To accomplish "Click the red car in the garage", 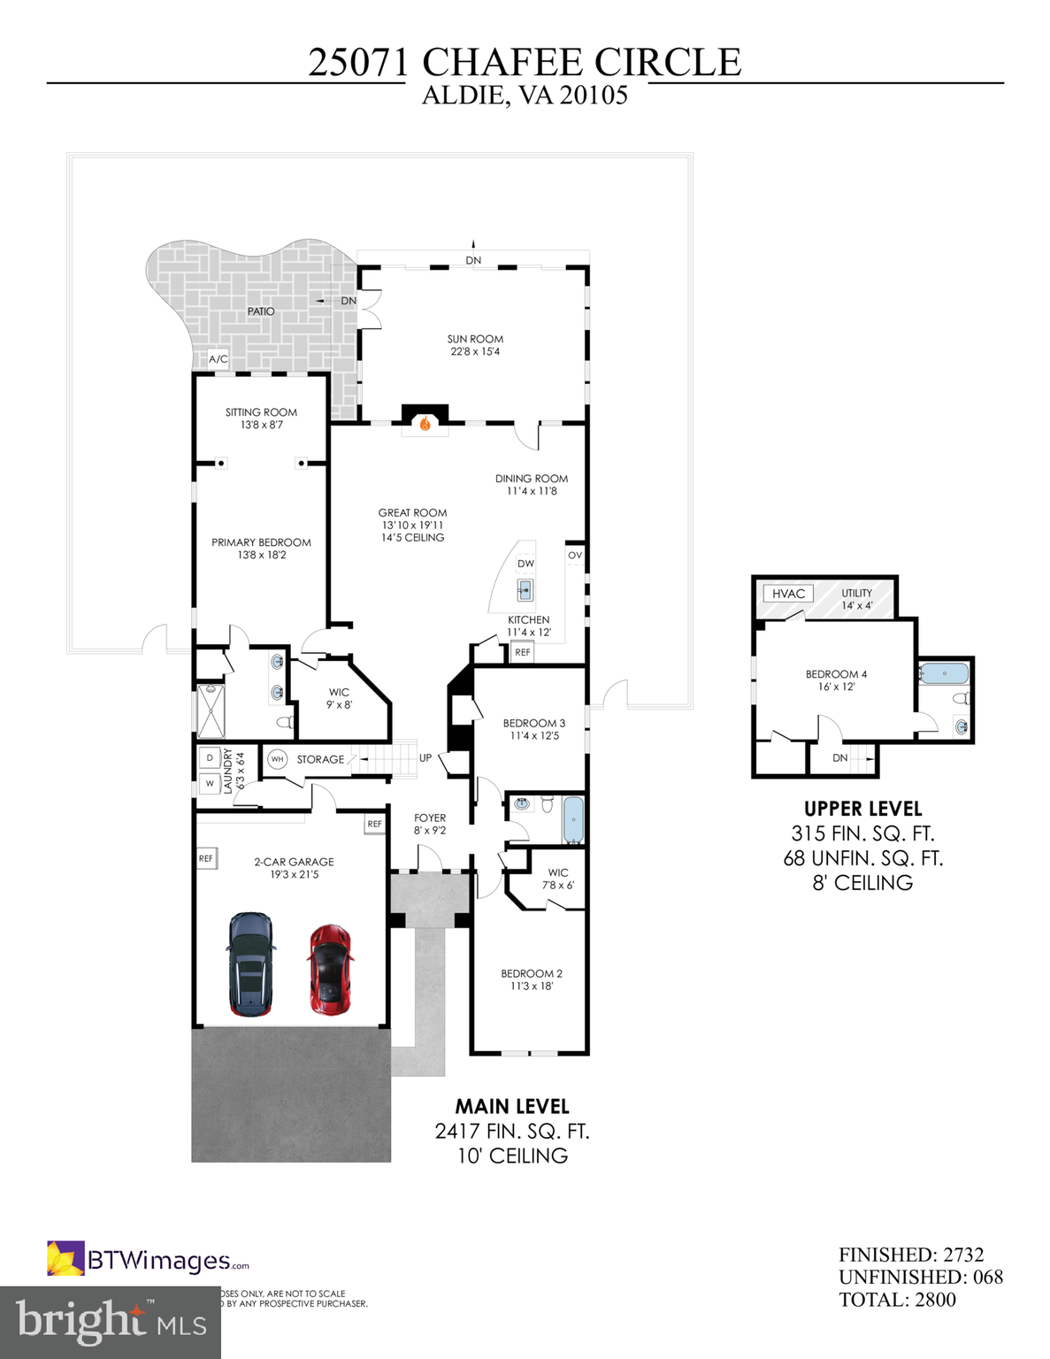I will tap(330, 970).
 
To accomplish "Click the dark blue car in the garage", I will tap(251, 964).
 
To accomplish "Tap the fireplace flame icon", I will tap(425, 424).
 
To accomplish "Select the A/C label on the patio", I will tap(218, 359).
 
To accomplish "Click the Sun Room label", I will tap(475, 345).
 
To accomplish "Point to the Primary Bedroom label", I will tap(261, 549).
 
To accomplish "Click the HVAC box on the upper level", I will tap(788, 594).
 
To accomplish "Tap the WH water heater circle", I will tap(277, 759).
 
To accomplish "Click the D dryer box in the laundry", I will tap(210, 757).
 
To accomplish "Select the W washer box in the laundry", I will tap(210, 783).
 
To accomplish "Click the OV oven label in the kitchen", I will tap(575, 556).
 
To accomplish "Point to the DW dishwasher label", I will tap(525, 564).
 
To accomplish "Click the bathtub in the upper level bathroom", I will tap(944, 674).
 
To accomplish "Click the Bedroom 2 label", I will tap(531, 979).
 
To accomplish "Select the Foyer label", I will tap(430, 824).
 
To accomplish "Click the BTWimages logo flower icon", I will tap(65, 1259).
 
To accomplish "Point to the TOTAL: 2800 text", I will tap(897, 1300).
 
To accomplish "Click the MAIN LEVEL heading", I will tap(512, 1107).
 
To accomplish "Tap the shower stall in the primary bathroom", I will tap(211, 711).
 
